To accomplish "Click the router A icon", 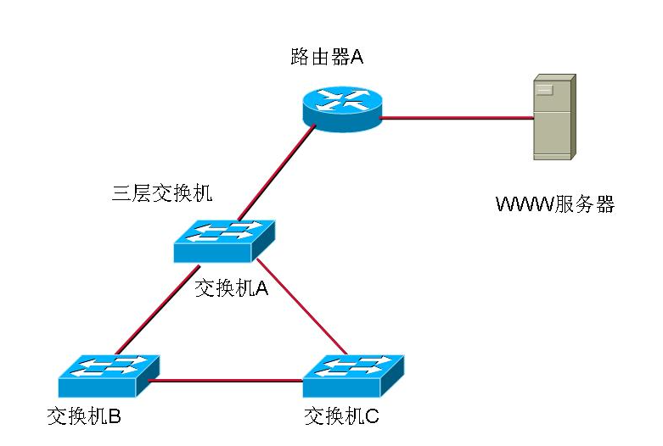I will click(341, 109).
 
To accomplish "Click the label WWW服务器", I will click(554, 204).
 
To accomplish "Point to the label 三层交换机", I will click(162, 192).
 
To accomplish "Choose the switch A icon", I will click(225, 241).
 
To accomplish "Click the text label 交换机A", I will click(232, 288).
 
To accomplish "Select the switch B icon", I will click(109, 376).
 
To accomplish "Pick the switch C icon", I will click(353, 376).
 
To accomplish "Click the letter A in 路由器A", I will click(357, 58).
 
